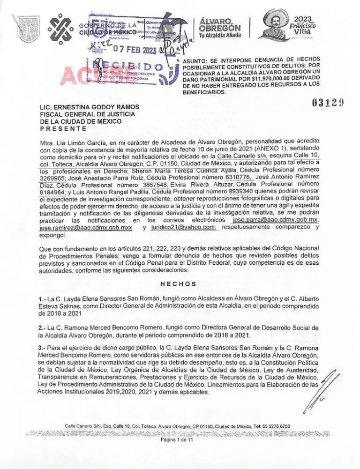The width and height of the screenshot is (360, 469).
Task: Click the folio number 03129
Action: (331, 101)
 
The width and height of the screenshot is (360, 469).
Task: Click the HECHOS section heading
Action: (178, 283)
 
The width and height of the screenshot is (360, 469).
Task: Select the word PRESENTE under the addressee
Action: (63, 128)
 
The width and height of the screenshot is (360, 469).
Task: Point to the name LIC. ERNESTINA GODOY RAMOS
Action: (90, 107)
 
